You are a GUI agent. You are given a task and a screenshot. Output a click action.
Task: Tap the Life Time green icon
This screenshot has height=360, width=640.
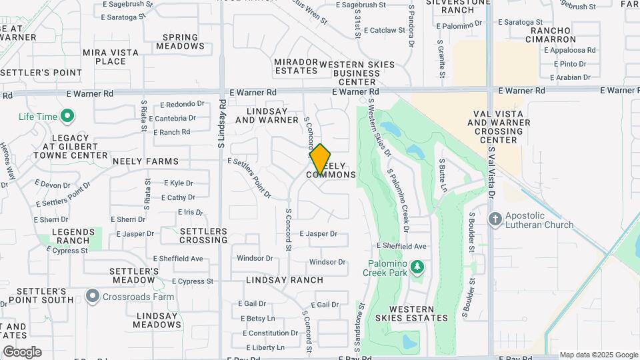(67, 117)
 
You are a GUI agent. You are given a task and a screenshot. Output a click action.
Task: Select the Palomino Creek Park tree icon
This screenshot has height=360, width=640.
(417, 267)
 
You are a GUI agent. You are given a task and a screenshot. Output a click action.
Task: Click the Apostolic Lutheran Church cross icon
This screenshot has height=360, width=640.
(495, 219)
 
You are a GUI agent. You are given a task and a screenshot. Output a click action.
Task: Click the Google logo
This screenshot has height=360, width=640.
(22, 351)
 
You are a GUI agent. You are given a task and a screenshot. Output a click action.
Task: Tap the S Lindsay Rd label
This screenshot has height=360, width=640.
(221, 123)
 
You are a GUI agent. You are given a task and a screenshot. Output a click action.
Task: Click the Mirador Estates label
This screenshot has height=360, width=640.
(296, 66)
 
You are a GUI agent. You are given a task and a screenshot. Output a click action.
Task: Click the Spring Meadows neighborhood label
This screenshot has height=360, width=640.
(180, 42)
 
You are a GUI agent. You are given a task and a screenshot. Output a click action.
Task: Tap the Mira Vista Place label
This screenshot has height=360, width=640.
(111, 57)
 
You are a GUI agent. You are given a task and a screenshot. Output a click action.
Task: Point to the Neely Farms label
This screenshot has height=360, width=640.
(145, 161)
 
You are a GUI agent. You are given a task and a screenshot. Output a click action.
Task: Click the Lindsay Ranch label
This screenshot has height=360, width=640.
(284, 280)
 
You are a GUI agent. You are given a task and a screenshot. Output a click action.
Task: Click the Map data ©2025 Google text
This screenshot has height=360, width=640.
(598, 355)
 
